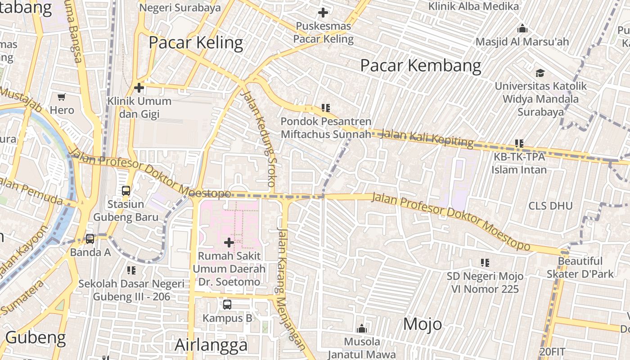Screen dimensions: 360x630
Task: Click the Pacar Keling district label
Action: tap(196, 43)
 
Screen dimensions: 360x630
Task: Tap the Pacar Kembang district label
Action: tap(421, 66)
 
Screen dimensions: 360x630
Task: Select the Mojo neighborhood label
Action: tap(423, 324)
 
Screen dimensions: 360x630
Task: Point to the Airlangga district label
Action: tap(211, 345)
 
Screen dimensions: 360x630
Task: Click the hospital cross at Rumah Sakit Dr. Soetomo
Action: tap(229, 243)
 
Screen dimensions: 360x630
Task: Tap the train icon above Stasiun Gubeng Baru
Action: tap(126, 190)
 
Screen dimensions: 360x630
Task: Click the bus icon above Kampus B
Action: tap(227, 305)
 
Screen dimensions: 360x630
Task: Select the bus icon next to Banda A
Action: tap(90, 238)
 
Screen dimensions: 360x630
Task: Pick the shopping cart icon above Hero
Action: tap(62, 97)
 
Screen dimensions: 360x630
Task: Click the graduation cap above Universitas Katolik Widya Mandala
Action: tap(540, 73)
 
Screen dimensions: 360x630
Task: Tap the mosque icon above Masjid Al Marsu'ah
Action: tap(522, 29)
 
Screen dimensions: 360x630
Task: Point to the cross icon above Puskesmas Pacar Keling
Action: tap(323, 13)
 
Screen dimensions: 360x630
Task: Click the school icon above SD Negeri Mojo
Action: tap(485, 262)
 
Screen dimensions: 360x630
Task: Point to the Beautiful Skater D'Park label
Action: tap(580, 267)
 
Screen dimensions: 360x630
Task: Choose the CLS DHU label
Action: tap(550, 206)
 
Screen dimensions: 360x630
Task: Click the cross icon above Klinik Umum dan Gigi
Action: tap(139, 88)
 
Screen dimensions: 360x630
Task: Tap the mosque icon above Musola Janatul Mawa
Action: tap(362, 328)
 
